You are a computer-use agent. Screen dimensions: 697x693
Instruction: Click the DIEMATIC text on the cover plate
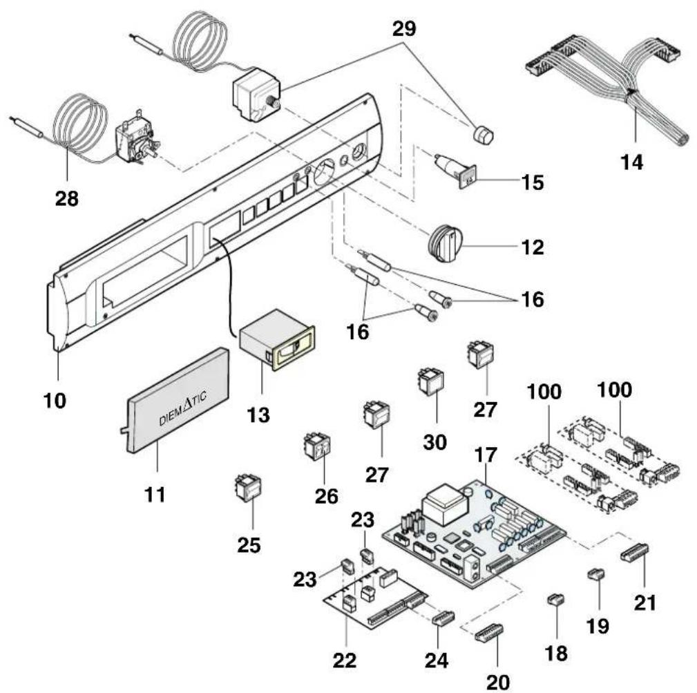(182, 408)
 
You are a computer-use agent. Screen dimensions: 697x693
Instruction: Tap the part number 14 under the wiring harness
(631, 162)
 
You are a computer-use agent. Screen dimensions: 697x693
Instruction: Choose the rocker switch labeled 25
(248, 488)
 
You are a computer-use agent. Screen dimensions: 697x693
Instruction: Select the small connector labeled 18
(555, 600)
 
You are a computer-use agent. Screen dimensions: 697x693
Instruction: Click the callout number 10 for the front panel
(55, 401)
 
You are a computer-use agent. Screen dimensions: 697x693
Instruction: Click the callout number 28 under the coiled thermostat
(67, 198)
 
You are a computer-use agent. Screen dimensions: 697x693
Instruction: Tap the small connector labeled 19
(595, 574)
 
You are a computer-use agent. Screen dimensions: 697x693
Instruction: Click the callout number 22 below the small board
(345, 660)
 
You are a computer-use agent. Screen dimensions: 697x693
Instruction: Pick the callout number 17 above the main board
(486, 455)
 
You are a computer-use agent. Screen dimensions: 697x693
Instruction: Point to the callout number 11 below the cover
(155, 494)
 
